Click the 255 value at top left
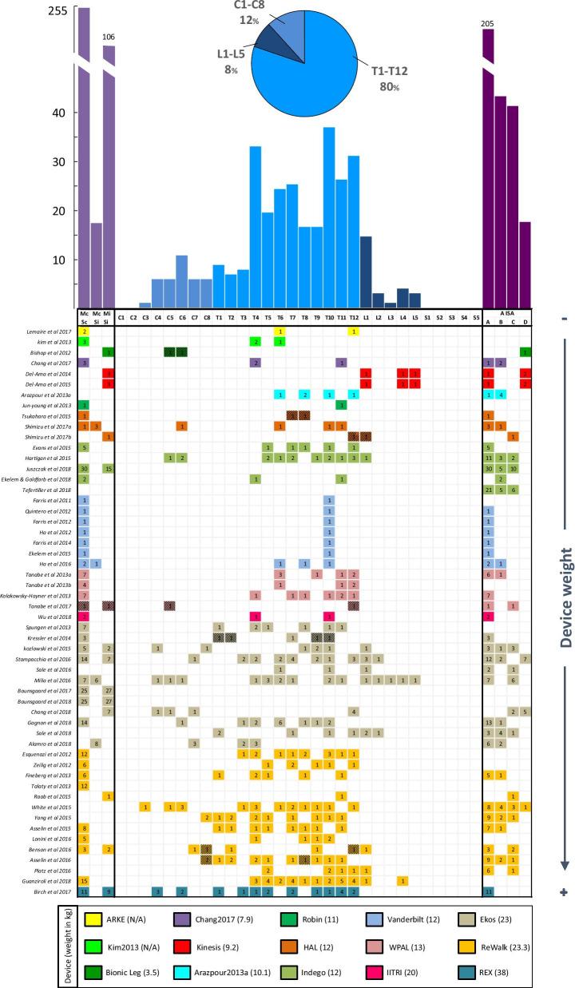tap(58, 12)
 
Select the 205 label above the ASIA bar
tap(488, 24)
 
